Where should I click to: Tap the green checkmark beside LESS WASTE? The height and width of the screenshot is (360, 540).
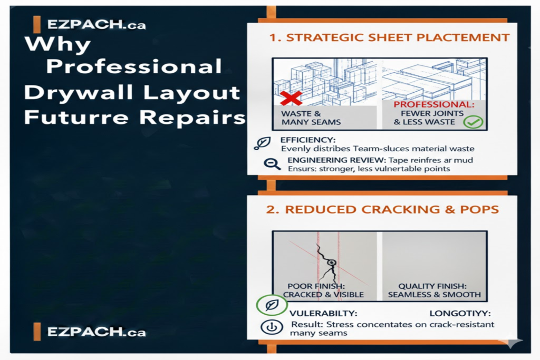pyautogui.click(x=472, y=122)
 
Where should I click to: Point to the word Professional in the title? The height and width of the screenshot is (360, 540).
pyautogui.click(x=134, y=67)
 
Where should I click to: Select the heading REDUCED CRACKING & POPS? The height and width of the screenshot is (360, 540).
pyautogui.click(x=382, y=209)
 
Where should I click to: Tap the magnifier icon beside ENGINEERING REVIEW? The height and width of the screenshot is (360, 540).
pyautogui.click(x=273, y=164)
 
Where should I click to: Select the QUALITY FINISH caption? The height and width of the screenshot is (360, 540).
pyautogui.click(x=435, y=290)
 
